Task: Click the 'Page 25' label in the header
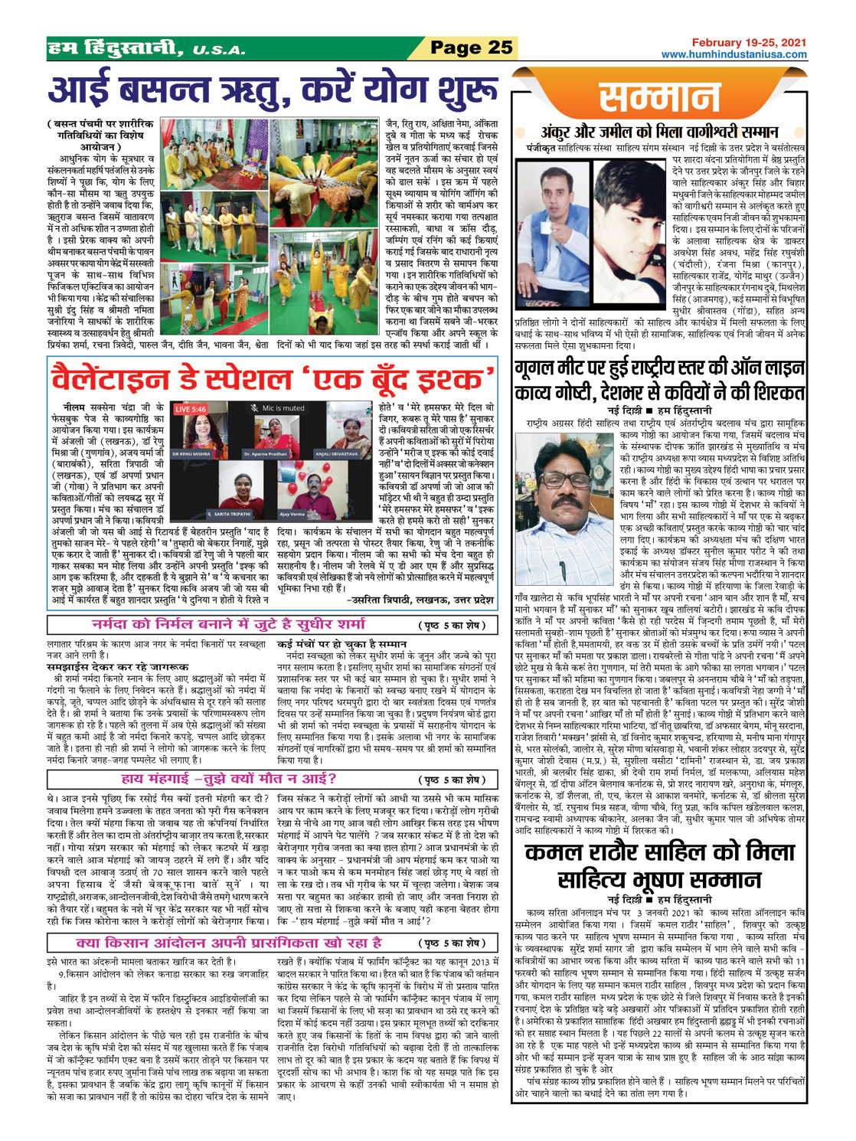tap(470, 47)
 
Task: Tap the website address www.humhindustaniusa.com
tap(733, 54)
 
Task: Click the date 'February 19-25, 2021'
tap(748, 43)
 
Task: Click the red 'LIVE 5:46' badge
tap(191, 409)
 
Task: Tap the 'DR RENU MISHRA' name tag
tap(191, 454)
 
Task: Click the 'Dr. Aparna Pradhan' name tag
tap(265, 454)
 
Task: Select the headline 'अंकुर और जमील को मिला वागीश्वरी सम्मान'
tap(659, 132)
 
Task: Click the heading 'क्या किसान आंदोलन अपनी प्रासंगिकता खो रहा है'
tap(230, 942)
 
